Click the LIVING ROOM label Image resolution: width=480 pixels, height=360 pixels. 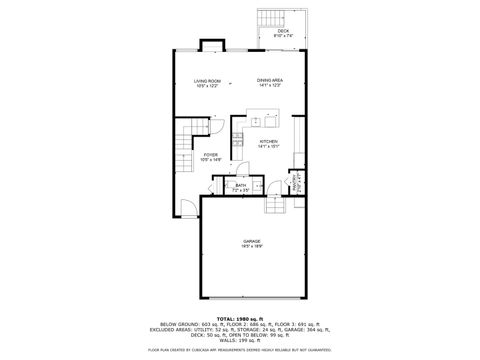[x=206, y=80]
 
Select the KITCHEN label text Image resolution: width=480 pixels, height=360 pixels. [x=268, y=141]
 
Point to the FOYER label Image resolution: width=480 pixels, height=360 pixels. [x=210, y=154]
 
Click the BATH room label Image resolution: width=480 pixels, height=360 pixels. [x=240, y=184]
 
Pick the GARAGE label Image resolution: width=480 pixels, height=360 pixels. [x=251, y=242]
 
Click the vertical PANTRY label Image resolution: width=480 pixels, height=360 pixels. [x=296, y=184]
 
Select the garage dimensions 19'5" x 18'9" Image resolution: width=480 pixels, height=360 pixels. [x=251, y=248]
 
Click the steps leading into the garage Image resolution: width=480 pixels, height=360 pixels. [x=274, y=205]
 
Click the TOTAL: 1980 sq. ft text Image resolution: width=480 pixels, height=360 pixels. [x=239, y=319]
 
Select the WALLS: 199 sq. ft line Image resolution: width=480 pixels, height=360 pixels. [x=239, y=340]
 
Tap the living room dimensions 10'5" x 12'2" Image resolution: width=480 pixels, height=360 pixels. [x=206, y=86]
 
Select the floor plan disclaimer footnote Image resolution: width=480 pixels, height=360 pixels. [x=239, y=350]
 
